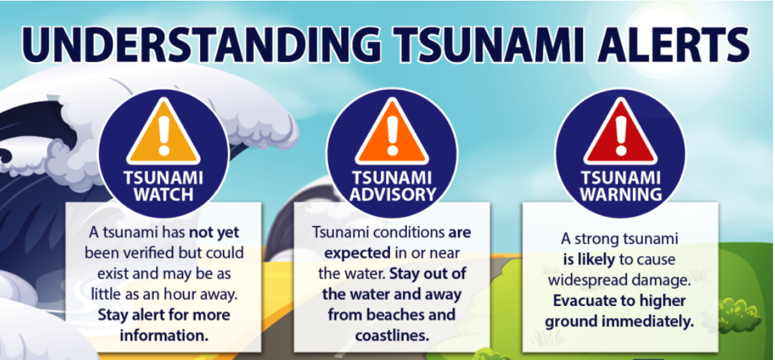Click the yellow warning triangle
163,132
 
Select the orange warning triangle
392,132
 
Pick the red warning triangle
620,132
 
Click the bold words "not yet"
214,232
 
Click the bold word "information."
163,336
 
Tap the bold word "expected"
357,253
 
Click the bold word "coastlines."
392,336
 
